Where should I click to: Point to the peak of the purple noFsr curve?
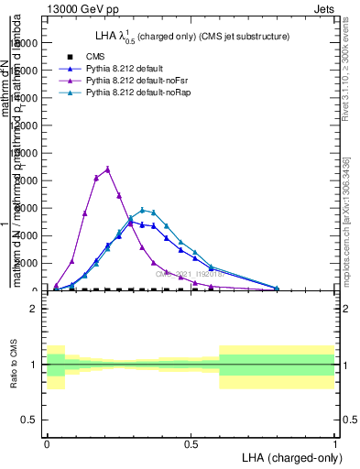[x=108, y=169]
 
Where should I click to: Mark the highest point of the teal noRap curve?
[x=142, y=210]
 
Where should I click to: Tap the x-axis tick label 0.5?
[x=191, y=442]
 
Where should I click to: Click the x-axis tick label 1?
[x=334, y=442]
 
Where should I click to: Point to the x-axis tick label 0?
[x=47, y=442]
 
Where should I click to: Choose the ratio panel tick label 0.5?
[x=30, y=420]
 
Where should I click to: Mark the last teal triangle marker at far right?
[x=277, y=289]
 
